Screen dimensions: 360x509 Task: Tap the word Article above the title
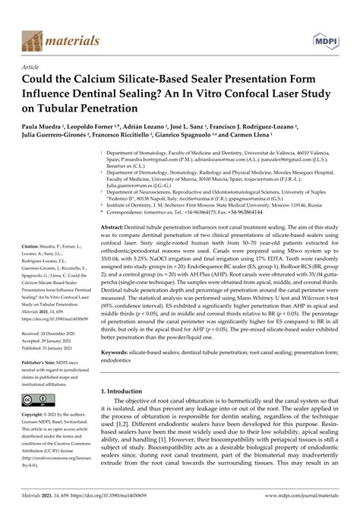24,67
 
